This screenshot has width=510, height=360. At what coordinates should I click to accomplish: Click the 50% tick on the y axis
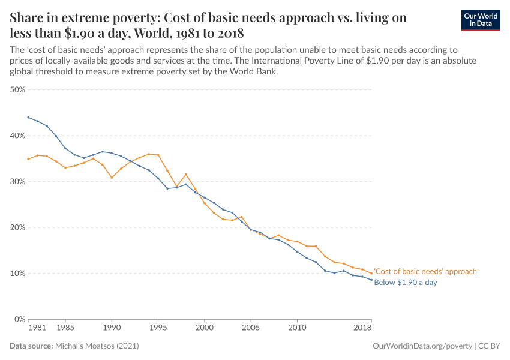coord(17,89)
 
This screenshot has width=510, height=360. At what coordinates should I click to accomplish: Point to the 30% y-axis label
coord(17,181)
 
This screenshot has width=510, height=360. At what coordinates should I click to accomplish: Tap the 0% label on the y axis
coord(19,319)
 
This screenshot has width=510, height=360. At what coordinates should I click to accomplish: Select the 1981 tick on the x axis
coord(37,328)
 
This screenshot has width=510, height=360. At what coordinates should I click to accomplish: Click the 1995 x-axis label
coord(158,328)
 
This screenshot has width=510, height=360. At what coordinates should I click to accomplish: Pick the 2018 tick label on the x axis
coord(362,328)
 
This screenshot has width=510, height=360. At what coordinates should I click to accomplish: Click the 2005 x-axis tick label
coord(251,328)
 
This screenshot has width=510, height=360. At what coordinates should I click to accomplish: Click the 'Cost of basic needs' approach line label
coord(425,271)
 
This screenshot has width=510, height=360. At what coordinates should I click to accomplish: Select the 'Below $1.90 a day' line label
coord(405,282)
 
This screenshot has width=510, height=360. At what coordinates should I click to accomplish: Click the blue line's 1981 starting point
coord(28,118)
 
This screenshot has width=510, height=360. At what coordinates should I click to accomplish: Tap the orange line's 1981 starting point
coord(28,159)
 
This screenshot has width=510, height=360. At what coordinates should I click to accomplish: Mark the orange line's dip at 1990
coord(112,178)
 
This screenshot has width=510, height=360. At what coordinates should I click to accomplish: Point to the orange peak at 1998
coord(186,175)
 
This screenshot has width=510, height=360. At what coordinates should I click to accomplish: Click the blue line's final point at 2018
coord(371,280)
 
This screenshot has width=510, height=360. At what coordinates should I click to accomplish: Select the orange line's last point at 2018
coord(371,274)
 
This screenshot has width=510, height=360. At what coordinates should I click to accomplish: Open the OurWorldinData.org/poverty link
coord(422,346)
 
